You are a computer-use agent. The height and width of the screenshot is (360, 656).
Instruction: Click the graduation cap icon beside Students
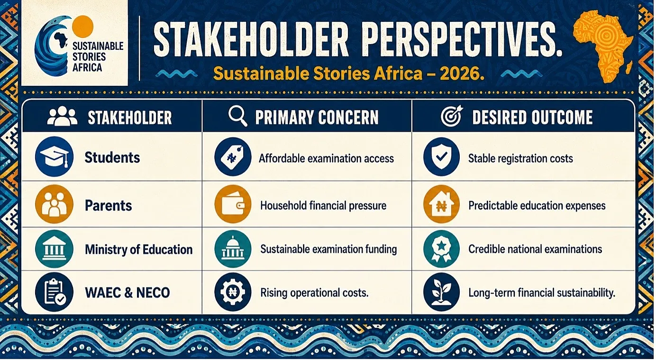pyautogui.click(x=54, y=157)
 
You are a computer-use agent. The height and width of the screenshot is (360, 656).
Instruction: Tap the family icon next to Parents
pyautogui.click(x=54, y=204)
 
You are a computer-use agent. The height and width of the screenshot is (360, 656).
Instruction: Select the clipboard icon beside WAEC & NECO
pyautogui.click(x=54, y=292)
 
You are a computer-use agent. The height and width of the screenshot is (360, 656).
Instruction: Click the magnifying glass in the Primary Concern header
pyautogui.click(x=237, y=116)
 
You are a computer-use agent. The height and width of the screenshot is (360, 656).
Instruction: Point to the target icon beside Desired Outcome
pyautogui.click(x=452, y=116)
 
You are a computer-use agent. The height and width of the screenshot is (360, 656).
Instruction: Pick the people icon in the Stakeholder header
pyautogui.click(x=63, y=116)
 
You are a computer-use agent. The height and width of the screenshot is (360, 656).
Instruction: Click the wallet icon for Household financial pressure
pyautogui.click(x=233, y=204)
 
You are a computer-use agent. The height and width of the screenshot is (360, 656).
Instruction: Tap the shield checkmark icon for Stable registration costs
pyautogui.click(x=441, y=157)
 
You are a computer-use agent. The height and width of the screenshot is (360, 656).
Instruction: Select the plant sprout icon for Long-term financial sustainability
pyautogui.click(x=441, y=292)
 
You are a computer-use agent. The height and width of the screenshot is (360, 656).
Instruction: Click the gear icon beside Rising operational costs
pyautogui.click(x=233, y=292)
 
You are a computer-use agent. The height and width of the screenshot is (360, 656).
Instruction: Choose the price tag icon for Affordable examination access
pyautogui.click(x=233, y=157)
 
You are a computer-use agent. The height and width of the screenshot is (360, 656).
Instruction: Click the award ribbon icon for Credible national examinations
pyautogui.click(x=441, y=249)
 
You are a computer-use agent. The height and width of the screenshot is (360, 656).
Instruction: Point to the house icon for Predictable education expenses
pyautogui.click(x=441, y=204)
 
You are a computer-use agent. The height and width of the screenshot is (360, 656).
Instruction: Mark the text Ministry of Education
pyautogui.click(x=139, y=250)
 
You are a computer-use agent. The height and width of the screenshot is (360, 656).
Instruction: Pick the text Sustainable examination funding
pyautogui.click(x=328, y=249)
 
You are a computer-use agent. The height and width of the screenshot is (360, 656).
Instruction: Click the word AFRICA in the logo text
pyautogui.click(x=87, y=68)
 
